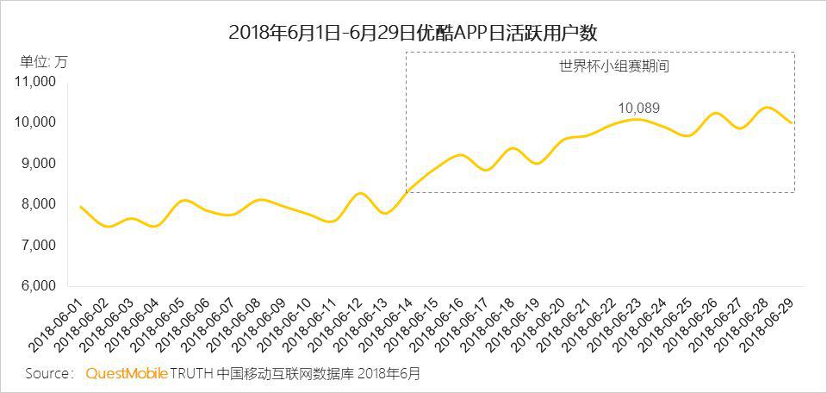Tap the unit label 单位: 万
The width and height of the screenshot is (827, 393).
pyautogui.click(x=43, y=61)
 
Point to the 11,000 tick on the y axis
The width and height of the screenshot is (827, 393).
pyautogui.click(x=36, y=82)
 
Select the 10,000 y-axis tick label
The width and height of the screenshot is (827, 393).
pyautogui.click(x=36, y=122)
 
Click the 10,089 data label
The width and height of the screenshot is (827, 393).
pyautogui.click(x=638, y=108)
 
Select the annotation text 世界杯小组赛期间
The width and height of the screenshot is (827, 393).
pyautogui.click(x=602, y=65)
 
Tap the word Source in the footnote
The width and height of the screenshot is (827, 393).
pyautogui.click(x=49, y=374)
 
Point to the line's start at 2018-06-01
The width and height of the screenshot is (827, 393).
pyautogui.click(x=80, y=207)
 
